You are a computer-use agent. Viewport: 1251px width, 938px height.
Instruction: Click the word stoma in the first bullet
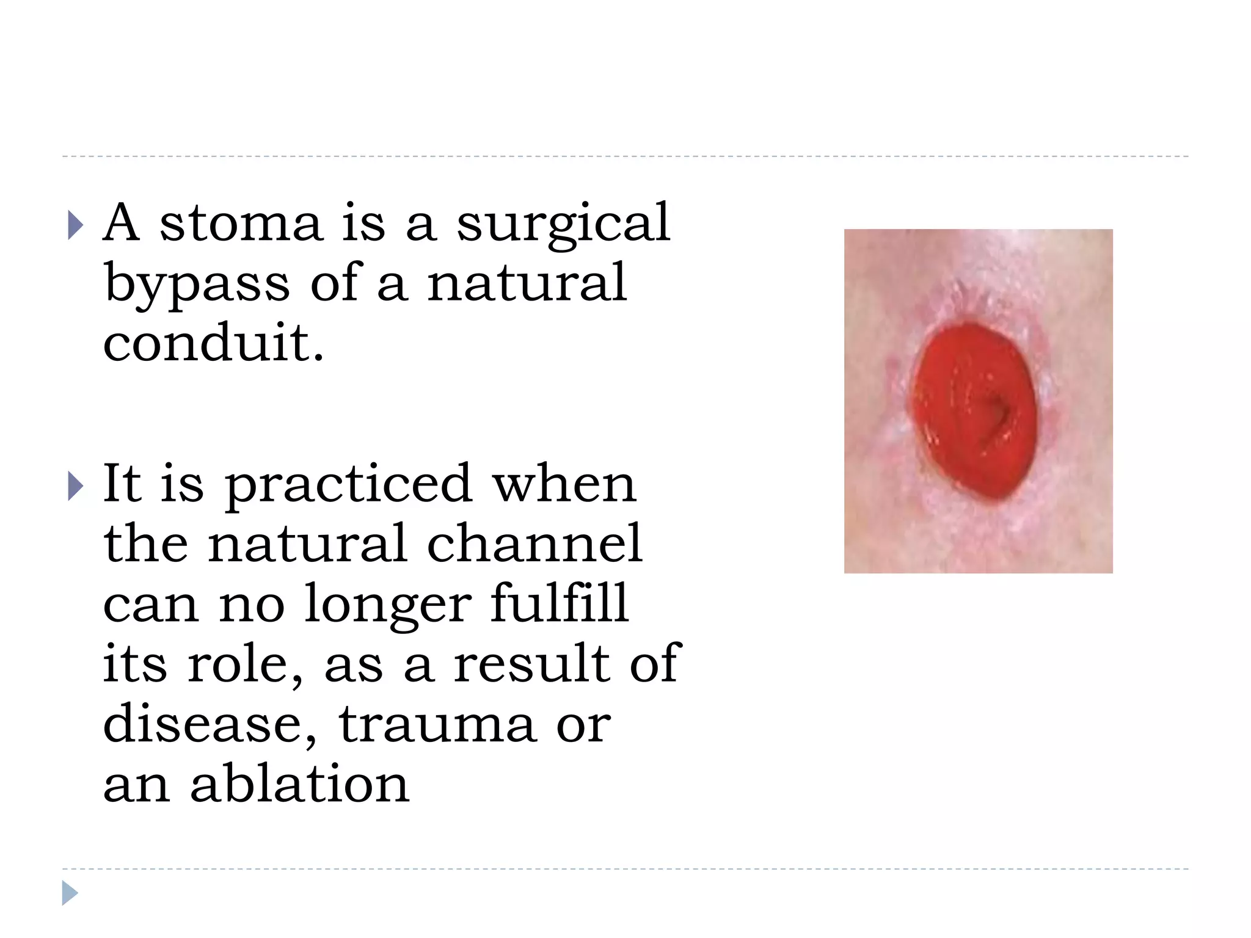241,224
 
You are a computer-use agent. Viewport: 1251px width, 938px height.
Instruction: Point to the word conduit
213,343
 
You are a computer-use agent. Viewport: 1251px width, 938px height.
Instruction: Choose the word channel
534,543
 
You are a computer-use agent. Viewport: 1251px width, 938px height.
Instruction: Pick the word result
531,663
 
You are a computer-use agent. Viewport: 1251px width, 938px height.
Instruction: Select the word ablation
299,783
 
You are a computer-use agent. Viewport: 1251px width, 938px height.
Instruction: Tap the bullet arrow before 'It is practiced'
75,487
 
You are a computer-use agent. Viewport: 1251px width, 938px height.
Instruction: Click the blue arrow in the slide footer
70,893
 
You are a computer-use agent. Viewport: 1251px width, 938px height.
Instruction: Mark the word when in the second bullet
564,484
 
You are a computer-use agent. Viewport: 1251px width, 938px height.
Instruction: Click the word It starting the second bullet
122,483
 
